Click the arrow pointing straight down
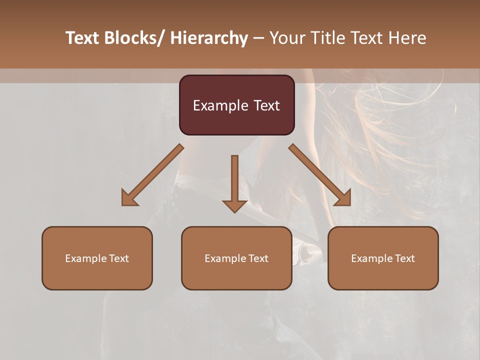234,182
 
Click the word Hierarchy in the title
209,38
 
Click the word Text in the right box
404,258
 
